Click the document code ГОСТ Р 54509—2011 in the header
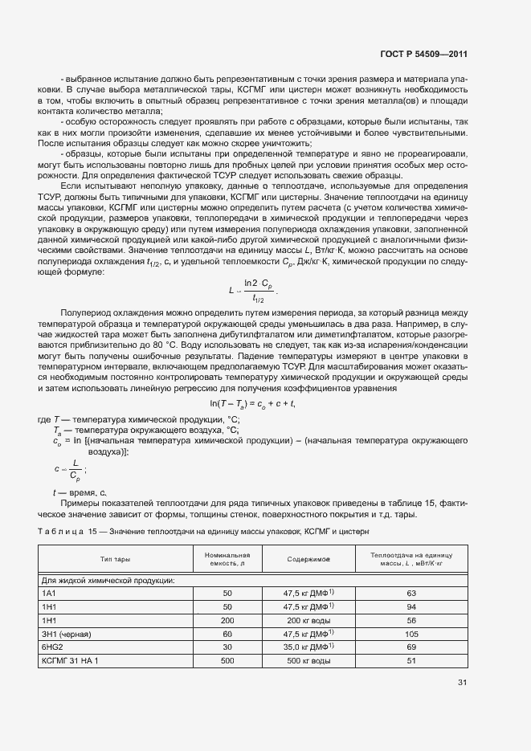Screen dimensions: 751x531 pos(423,55)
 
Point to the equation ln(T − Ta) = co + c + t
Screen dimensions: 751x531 pos(253,403)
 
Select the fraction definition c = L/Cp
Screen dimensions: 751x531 pos(70,469)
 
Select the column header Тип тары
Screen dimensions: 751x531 pos(115,557)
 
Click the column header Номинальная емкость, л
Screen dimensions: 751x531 pos(227,559)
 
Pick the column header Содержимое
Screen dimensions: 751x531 pos(308,557)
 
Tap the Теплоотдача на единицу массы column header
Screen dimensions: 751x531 pos(411,559)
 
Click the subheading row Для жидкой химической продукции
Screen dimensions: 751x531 pos(108,580)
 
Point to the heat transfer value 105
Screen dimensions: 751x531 pos(411,635)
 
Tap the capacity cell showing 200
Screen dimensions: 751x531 pos(227,621)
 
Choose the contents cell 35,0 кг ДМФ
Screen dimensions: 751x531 pos(308,647)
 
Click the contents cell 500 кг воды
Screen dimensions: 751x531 pos(308,661)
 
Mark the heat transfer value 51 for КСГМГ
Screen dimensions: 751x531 pos(411,661)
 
